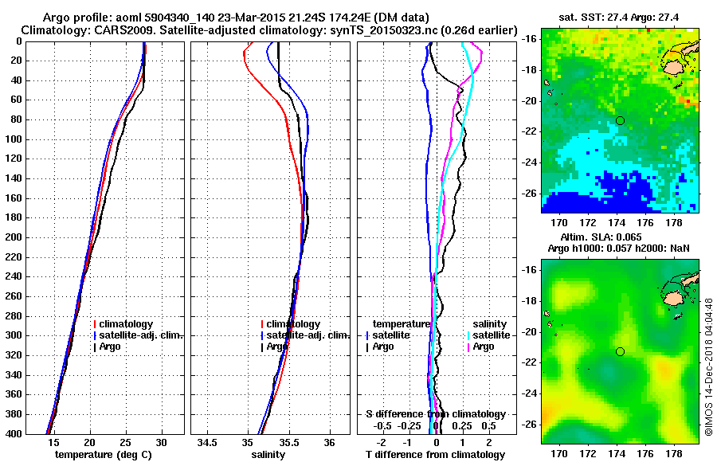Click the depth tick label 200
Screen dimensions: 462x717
(12, 237)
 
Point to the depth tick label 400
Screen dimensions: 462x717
(12, 433)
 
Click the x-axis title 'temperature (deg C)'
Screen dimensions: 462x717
(104, 455)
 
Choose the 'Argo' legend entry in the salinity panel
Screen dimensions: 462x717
(277, 346)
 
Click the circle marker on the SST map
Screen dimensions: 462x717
(620, 120)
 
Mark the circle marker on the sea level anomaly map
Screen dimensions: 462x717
(620, 351)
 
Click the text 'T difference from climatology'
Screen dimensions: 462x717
(435, 455)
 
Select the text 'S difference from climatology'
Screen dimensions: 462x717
(436, 414)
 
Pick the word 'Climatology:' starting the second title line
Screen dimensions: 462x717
(57, 29)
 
